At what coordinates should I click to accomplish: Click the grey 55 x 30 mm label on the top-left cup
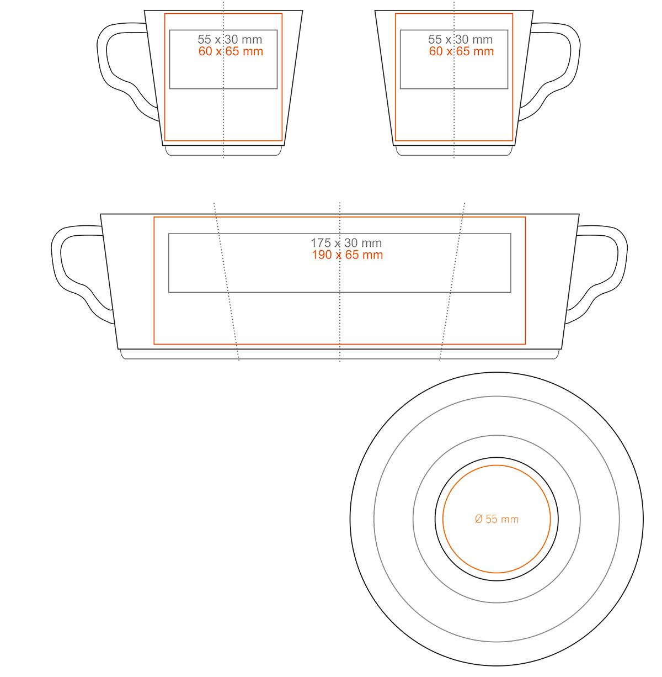(229, 39)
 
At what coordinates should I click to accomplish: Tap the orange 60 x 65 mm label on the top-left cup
(231, 51)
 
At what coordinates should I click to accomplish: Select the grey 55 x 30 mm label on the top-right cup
(460, 39)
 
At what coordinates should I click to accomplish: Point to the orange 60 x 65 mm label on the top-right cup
(461, 51)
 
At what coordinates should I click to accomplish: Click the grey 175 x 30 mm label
(346, 243)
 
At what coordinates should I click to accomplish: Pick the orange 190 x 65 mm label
(347, 255)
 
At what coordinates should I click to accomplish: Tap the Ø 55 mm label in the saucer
(496, 519)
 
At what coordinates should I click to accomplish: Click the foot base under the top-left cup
(223, 151)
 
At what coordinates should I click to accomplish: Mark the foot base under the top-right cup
(454, 151)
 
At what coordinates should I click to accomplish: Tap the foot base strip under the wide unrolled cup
(339, 354)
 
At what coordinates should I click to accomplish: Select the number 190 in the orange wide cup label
(322, 255)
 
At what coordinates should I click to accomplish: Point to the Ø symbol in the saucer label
(478, 519)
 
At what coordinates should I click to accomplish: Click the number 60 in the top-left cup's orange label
(205, 51)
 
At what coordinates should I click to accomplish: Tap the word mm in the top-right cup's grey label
(482, 40)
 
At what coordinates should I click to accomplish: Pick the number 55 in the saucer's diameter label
(492, 519)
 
